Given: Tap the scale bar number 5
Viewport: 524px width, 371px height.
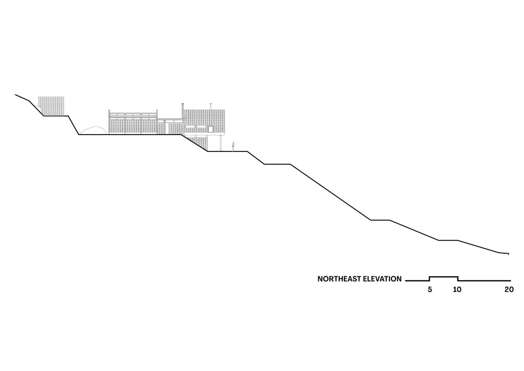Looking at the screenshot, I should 430,290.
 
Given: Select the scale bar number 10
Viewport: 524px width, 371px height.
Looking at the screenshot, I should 457,290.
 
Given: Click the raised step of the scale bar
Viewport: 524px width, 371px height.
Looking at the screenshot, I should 443,277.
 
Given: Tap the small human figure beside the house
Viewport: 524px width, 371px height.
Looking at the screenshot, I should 233,146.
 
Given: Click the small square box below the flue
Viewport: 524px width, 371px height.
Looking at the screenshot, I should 209,128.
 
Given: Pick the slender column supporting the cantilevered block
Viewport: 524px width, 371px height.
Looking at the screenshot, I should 220,143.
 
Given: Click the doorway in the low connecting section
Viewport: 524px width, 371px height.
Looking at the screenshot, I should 165,128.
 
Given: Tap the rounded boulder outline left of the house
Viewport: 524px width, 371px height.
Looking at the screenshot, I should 92,130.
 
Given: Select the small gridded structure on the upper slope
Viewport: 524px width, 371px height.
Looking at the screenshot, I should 53,106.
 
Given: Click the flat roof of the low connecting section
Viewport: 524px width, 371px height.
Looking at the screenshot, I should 169,120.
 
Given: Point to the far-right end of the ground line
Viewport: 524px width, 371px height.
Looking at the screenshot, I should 508,254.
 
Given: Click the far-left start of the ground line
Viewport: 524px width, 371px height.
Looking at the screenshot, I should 16,95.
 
